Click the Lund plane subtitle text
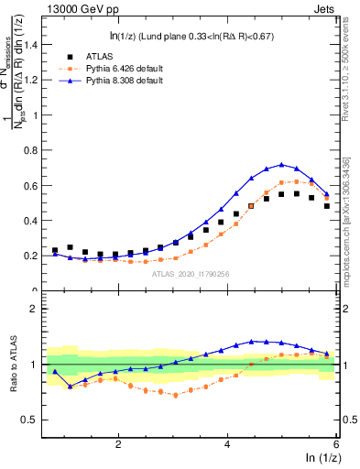tap(188, 36)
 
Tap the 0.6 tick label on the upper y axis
tap(31, 186)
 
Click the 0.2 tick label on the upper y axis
tap(31, 256)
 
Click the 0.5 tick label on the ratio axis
tap(31, 420)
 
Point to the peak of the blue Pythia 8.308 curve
tap(282, 165)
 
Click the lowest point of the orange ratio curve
tap(175, 395)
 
